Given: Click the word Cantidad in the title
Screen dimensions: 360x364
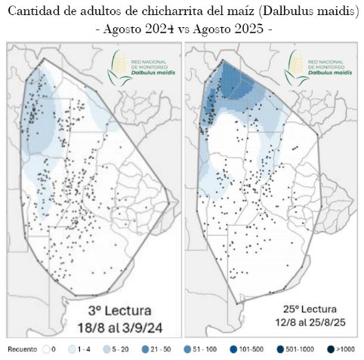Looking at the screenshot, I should click(32, 13).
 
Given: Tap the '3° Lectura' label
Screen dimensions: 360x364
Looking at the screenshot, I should click(123, 311).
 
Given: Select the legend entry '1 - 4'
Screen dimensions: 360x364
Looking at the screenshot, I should click(79, 350).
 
